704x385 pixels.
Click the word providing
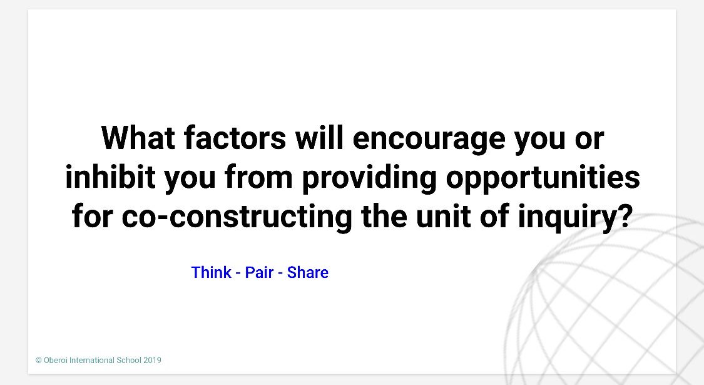369,178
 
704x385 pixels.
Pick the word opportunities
543,178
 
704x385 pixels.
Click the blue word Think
212,273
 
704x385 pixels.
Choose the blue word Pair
259,273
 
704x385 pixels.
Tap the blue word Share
308,273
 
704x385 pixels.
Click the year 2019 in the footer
152,361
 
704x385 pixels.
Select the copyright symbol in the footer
38,361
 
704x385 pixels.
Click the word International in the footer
93,361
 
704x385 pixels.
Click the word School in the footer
129,361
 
